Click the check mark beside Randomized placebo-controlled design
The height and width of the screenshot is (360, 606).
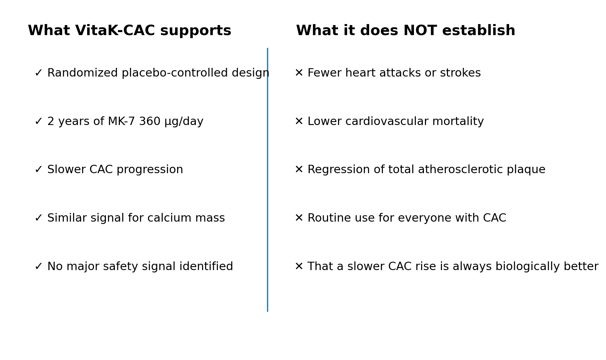38,73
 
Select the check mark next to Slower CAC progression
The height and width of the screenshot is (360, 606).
38,169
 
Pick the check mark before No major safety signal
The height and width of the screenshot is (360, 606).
38,266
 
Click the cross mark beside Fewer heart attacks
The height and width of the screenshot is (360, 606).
299,73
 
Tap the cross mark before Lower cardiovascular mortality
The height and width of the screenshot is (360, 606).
299,121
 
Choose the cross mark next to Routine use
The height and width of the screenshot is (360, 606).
299,218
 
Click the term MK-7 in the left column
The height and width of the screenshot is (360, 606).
121,121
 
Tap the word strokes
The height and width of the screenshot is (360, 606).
460,73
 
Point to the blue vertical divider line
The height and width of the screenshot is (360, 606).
268,180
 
